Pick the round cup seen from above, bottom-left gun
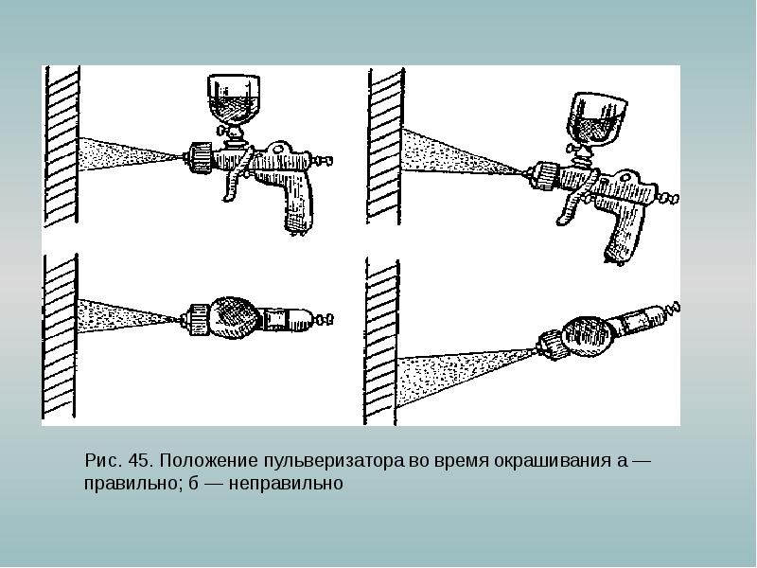click(235, 319)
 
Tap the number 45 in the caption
click(141, 461)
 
